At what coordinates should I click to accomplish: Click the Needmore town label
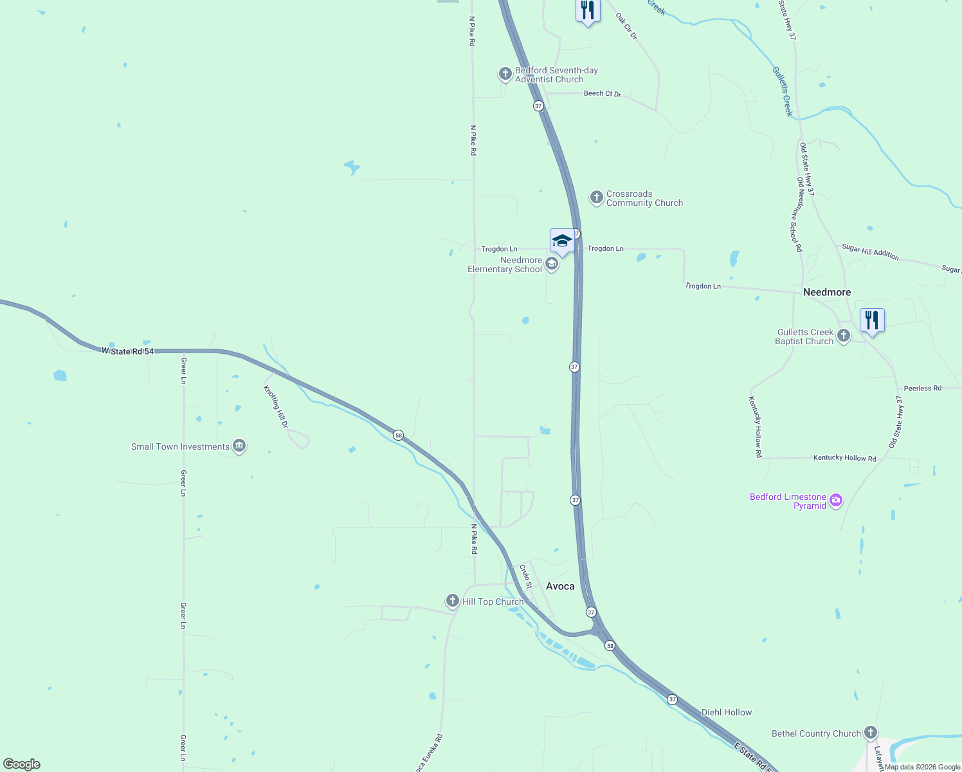click(827, 292)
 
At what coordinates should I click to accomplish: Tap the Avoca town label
click(560, 586)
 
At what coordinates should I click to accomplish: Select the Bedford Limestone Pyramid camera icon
click(836, 501)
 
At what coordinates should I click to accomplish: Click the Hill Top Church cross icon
click(453, 601)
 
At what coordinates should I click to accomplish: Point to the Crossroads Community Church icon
click(597, 197)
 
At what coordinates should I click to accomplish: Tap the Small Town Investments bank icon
click(239, 446)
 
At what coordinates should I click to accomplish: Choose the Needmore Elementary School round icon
click(552, 264)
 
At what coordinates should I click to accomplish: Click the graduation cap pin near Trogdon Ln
click(562, 241)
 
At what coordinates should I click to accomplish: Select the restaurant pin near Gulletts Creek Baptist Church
click(872, 320)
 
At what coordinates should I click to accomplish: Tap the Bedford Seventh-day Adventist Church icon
click(505, 74)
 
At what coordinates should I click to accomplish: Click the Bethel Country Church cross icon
click(870, 733)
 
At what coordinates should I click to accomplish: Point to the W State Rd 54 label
click(128, 351)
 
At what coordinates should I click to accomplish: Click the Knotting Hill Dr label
click(276, 407)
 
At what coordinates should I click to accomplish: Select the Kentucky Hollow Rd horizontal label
click(844, 458)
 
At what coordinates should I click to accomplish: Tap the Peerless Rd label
click(922, 388)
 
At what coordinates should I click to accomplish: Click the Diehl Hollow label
click(727, 712)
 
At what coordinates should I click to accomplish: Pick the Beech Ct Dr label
click(603, 93)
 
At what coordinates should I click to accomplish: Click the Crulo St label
click(525, 576)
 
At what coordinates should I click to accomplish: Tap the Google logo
click(22, 764)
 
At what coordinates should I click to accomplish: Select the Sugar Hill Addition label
click(870, 252)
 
